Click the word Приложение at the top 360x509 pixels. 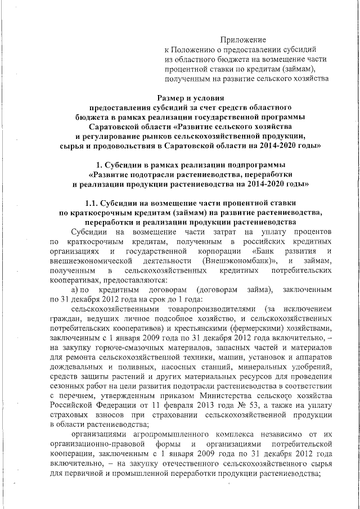pyautogui.click(x=242, y=39)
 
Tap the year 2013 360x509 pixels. pyautogui.click(x=217, y=406)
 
